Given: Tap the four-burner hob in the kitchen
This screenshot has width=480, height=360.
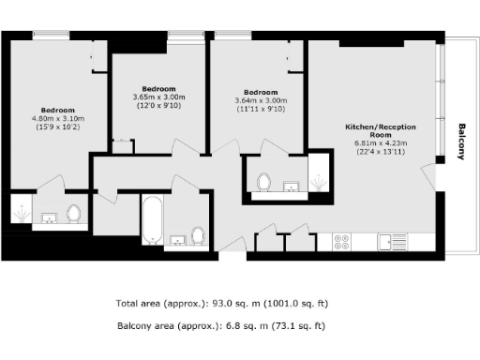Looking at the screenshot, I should (342, 242).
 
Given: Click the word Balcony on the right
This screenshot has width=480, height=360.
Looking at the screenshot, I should (461, 142).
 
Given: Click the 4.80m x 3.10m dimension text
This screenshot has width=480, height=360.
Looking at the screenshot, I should (59, 119).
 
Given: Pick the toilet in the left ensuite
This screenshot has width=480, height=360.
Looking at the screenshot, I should (75, 215).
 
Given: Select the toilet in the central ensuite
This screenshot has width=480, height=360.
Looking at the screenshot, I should (263, 181).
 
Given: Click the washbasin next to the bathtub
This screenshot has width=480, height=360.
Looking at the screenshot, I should (178, 240).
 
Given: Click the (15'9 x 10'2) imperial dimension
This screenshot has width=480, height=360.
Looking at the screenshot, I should (59, 127).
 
